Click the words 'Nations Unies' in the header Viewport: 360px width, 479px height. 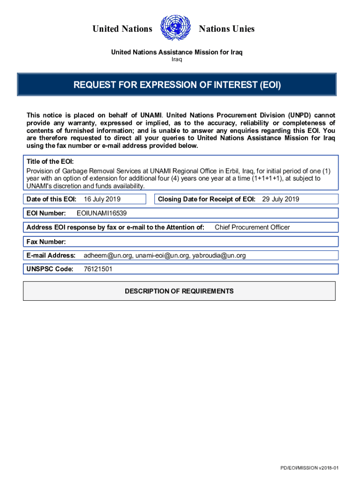point(227,29)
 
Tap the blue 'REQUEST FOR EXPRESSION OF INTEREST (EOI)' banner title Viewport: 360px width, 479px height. point(177,85)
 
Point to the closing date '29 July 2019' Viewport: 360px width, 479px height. point(281,199)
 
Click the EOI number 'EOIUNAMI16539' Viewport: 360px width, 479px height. point(101,213)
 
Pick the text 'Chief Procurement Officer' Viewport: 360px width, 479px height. point(252,227)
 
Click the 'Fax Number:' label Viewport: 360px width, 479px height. point(46,242)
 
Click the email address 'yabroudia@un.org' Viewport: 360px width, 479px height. point(219,255)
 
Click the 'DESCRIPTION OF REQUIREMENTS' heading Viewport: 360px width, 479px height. point(179,291)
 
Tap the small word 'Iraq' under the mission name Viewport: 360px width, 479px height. point(177,59)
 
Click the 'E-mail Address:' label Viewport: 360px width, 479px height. point(51,255)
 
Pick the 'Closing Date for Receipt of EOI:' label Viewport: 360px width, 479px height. point(207,199)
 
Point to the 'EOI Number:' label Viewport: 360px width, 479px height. point(46,213)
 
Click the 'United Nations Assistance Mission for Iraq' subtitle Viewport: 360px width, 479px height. point(177,52)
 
